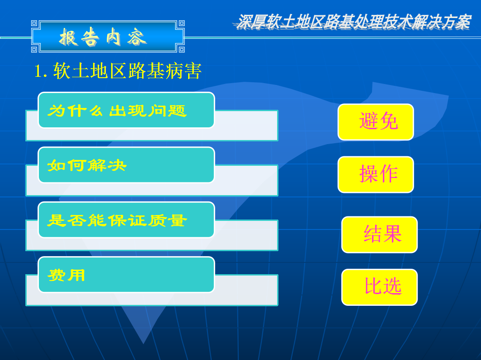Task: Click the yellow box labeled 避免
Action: pos(376,122)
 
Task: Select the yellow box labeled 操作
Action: pos(376,175)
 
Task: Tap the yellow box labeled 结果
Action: pos(379,235)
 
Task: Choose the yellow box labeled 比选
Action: pos(379,287)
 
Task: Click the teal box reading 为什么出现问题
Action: pos(127,110)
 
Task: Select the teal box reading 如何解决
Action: pos(127,165)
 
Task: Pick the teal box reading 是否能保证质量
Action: pos(127,220)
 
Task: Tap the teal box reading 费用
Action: pos(127,275)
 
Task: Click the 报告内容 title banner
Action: pos(108,37)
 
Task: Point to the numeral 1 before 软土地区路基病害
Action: pos(38,71)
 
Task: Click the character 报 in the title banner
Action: pos(69,37)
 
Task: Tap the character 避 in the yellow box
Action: pos(369,121)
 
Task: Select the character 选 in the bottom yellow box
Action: pos(392,286)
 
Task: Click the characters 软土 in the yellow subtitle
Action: pos(71,71)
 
